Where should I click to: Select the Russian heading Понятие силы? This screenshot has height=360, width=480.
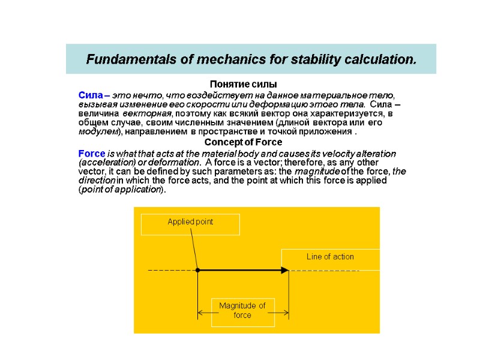[243, 84]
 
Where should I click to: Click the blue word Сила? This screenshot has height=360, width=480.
[90, 95]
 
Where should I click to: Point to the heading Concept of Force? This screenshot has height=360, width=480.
[243, 142]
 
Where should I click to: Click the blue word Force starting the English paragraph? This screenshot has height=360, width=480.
[92, 153]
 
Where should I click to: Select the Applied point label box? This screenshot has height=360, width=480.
[190, 223]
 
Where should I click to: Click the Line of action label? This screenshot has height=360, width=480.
[330, 257]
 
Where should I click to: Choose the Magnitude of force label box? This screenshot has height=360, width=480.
[242, 311]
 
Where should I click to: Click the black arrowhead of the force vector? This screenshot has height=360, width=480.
[285, 271]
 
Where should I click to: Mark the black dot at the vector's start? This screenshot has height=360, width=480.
[198, 271]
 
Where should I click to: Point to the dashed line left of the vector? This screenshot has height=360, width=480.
[171, 271]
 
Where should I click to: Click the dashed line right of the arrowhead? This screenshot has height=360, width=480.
[324, 271]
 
